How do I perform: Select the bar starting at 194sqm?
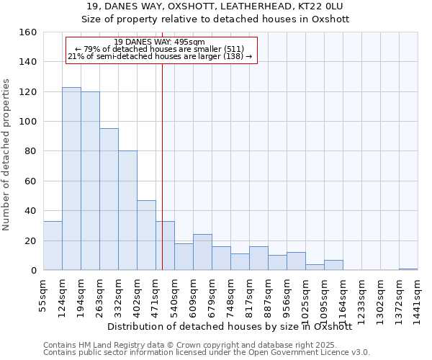coord(90,181)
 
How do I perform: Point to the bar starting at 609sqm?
coord(202,252)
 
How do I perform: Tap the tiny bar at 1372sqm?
coord(408,269)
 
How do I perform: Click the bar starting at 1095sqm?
coord(333,265)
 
